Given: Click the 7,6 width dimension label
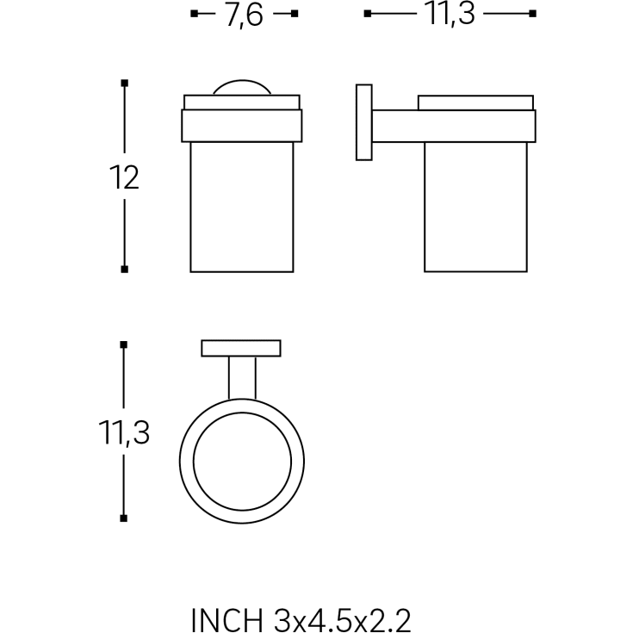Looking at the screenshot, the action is coord(245,16).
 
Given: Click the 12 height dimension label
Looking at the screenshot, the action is coord(124,177).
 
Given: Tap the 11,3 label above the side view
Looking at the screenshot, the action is coord(450,15).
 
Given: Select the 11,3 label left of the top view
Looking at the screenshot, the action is coord(124,432).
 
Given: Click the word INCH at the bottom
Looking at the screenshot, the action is coord(227,619).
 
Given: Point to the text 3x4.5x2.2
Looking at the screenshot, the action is coord(343,619).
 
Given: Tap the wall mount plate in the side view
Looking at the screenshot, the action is coord(364,122).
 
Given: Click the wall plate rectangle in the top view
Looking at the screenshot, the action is coord(241,349).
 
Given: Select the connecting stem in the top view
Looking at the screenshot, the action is coord(242,378).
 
